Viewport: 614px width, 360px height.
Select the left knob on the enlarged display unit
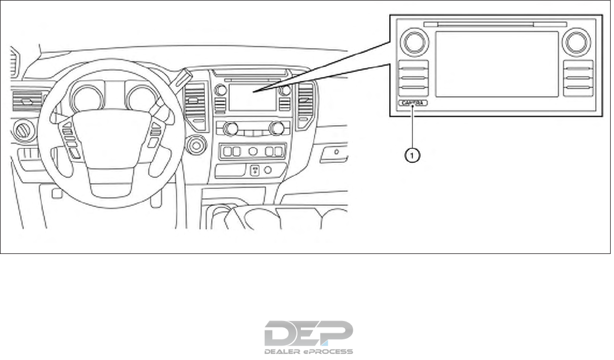click(x=414, y=42)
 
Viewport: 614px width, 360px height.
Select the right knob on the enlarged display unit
click(x=577, y=42)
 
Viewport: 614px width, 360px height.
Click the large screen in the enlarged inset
click(x=496, y=64)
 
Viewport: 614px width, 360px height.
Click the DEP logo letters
click(x=308, y=333)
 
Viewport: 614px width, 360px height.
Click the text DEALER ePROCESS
click(x=308, y=352)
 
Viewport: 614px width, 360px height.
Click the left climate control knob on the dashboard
click(x=229, y=129)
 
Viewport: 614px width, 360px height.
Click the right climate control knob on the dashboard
click(x=276, y=129)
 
